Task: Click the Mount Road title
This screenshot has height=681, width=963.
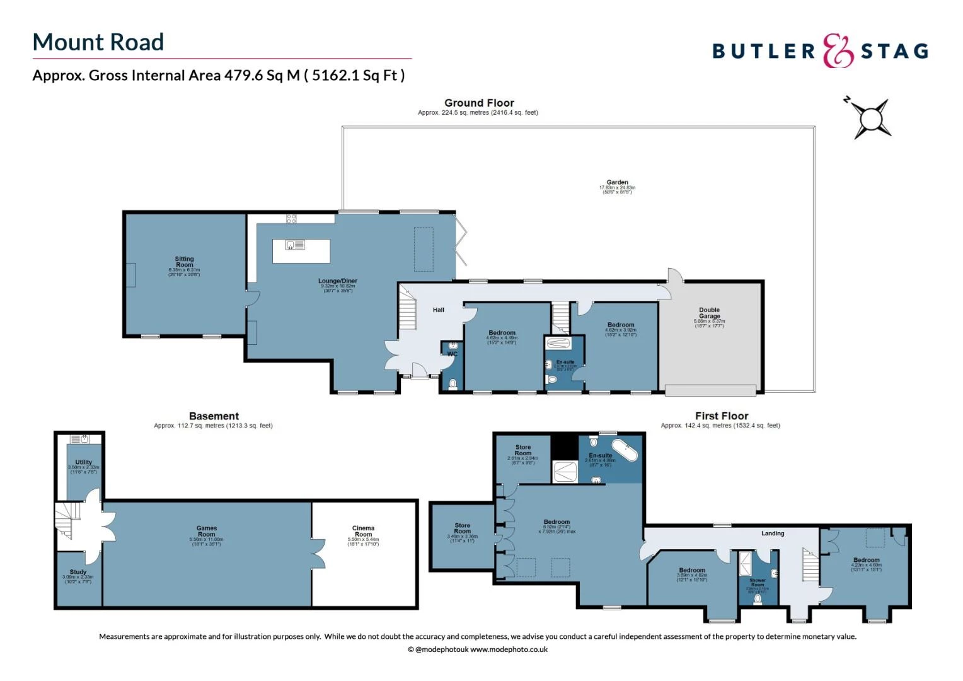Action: coord(98,42)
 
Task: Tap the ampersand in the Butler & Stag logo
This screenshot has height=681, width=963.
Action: coord(838,51)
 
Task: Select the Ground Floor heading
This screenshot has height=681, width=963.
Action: coord(479,103)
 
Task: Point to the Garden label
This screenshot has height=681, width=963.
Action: coord(617,182)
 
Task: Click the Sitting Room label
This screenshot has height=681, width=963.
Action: coord(184,262)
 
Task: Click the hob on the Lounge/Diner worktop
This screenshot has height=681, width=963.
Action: coord(291,219)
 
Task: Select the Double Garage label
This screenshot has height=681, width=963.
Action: coord(709,313)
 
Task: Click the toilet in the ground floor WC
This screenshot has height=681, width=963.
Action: coord(453,383)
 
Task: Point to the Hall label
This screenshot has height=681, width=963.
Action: coord(439,310)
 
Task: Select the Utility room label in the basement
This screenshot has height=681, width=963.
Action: coord(83,462)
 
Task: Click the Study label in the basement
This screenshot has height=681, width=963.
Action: coord(78,572)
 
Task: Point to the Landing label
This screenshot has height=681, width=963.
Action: coord(773,533)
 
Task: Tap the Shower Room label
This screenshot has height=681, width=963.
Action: coord(758,582)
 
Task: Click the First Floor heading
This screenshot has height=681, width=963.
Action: coord(722,416)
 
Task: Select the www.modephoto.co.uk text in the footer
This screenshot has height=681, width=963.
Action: coord(509,649)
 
